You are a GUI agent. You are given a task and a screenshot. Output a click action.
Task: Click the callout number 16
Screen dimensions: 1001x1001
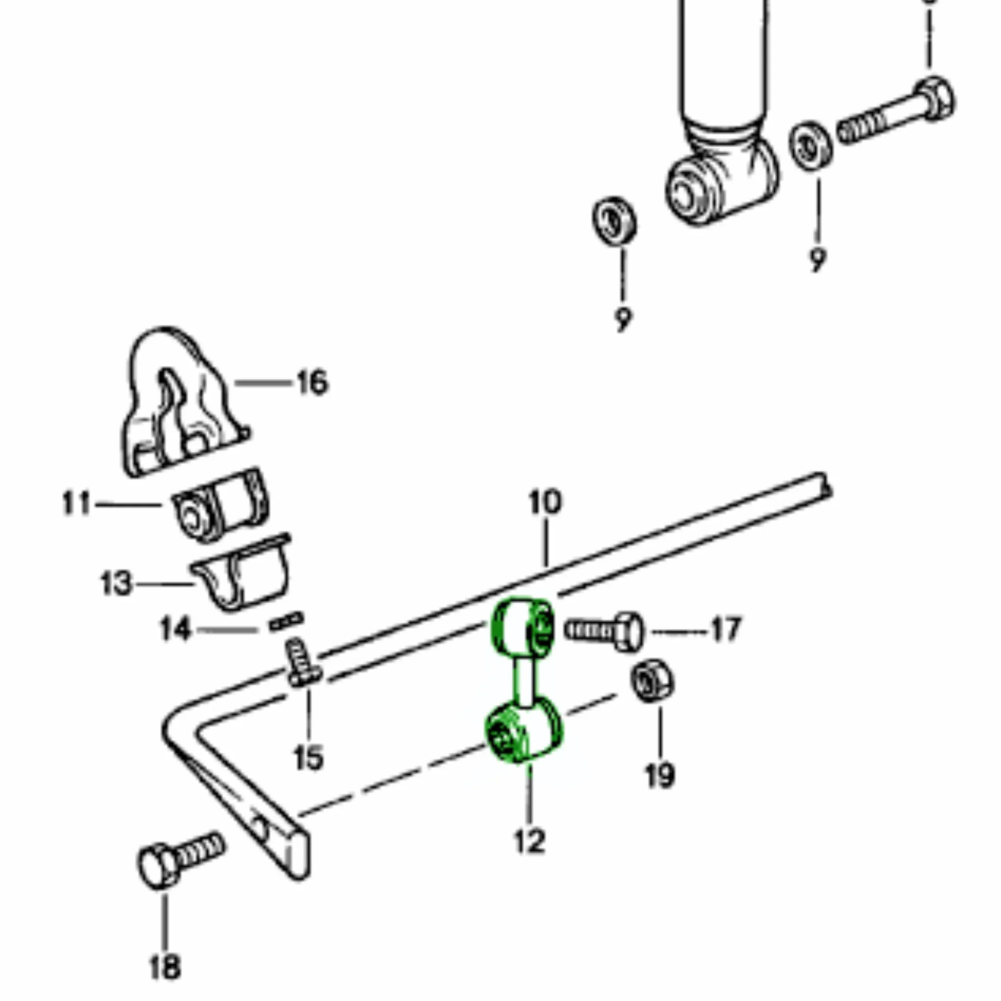click(x=312, y=383)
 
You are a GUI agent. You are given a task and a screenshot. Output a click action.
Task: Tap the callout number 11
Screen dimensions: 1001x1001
click(x=76, y=503)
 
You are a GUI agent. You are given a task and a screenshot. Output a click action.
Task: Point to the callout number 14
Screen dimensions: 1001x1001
click(x=175, y=630)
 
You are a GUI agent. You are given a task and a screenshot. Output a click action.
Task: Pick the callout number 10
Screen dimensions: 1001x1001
click(x=545, y=501)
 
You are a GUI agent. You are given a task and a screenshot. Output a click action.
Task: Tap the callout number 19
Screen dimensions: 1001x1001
click(x=660, y=776)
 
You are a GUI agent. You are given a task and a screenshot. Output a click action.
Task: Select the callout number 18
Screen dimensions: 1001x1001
click(x=165, y=966)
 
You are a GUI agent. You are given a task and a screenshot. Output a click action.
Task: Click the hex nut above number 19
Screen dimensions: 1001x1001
click(x=653, y=681)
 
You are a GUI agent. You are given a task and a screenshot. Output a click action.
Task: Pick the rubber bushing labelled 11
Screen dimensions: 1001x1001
click(x=220, y=505)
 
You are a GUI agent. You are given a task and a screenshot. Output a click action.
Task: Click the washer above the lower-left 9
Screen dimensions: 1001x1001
click(x=614, y=221)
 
